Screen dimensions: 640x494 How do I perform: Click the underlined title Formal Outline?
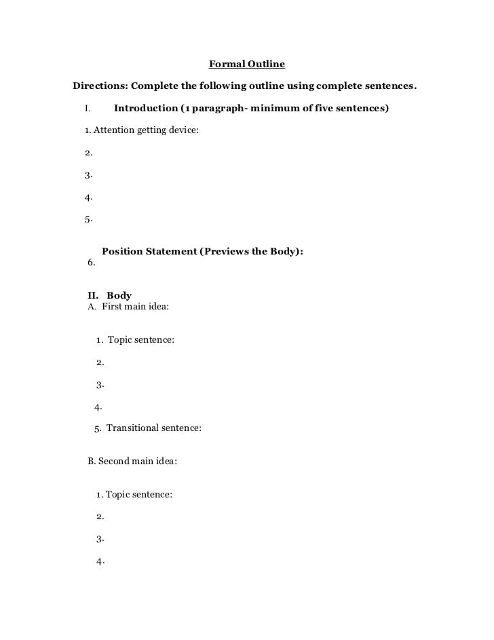click(247, 65)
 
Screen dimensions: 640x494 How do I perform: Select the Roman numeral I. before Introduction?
click(88, 109)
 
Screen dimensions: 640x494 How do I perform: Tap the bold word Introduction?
click(146, 108)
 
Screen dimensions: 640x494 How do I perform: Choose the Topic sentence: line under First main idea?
click(140, 339)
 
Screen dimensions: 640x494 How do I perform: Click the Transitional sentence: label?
click(153, 428)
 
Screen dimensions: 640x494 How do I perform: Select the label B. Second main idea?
click(132, 461)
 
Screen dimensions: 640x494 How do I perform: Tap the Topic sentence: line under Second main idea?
click(139, 495)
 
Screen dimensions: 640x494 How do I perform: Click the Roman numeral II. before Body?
click(93, 296)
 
